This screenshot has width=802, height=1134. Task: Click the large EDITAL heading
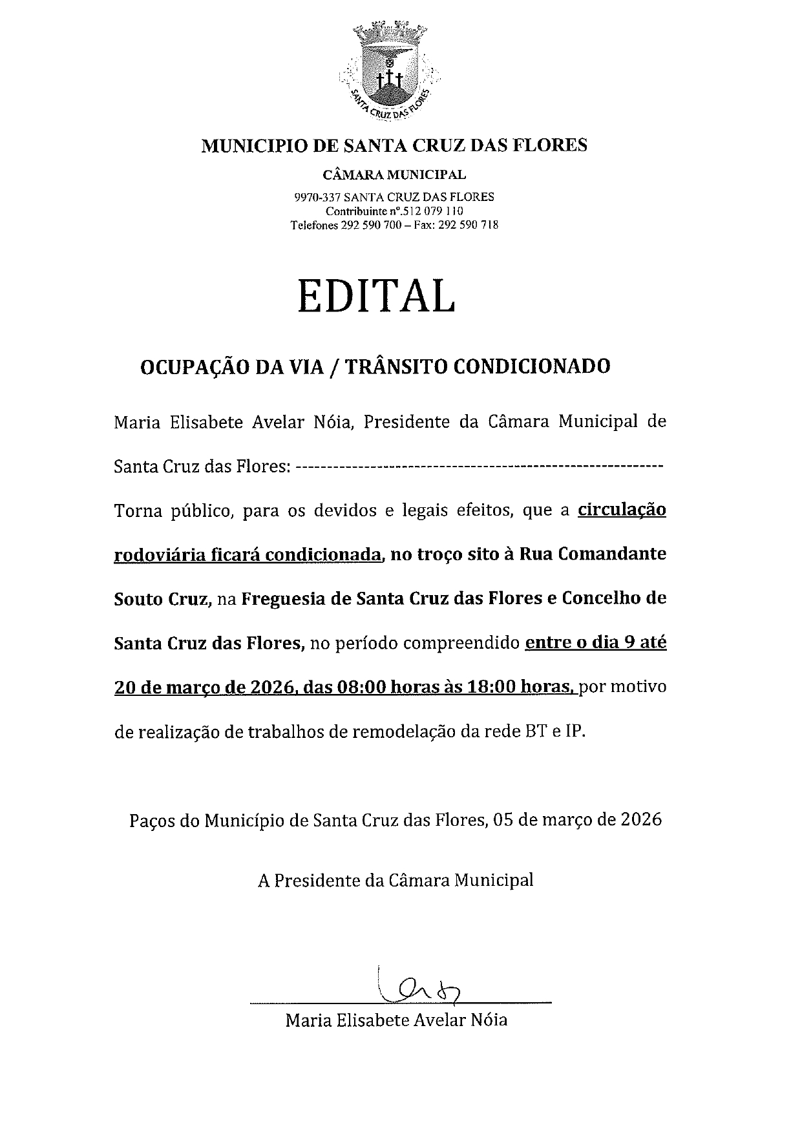click(x=376, y=297)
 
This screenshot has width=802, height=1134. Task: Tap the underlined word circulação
click(x=621, y=510)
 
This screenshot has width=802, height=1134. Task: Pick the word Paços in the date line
click(x=149, y=821)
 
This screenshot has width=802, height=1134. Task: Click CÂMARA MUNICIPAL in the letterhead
click(x=394, y=174)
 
